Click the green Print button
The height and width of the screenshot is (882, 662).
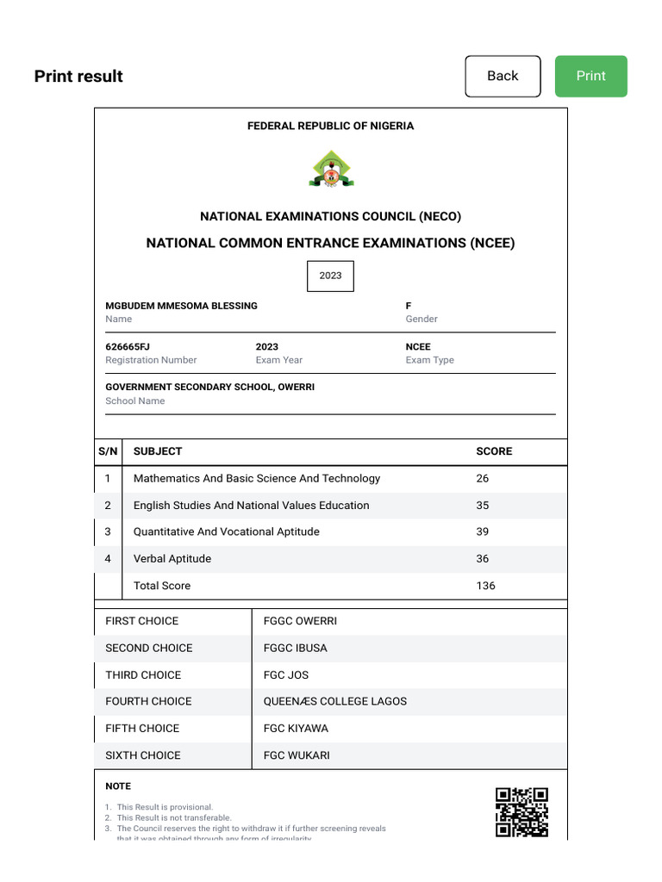590,76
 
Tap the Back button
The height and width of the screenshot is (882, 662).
503,76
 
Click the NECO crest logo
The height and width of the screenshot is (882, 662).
331,169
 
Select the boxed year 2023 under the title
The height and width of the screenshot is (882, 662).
330,276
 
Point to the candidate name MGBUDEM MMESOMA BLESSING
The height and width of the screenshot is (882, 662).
181,306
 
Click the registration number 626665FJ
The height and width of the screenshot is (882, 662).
128,347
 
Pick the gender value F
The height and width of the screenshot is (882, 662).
409,306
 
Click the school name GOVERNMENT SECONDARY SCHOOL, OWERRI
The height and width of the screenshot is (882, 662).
209,388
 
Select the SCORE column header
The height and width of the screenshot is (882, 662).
494,451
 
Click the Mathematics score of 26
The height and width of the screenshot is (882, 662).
482,478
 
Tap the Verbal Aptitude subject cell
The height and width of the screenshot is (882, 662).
172,559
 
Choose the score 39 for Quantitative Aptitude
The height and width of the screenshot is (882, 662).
482,531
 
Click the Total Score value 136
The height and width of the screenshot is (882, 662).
485,586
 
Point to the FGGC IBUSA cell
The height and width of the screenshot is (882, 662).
296,648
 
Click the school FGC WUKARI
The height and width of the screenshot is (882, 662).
297,755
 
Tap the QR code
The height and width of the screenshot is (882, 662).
521,811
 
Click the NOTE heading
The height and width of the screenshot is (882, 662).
118,786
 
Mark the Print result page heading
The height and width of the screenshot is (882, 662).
78,76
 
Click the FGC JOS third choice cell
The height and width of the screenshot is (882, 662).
286,674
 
